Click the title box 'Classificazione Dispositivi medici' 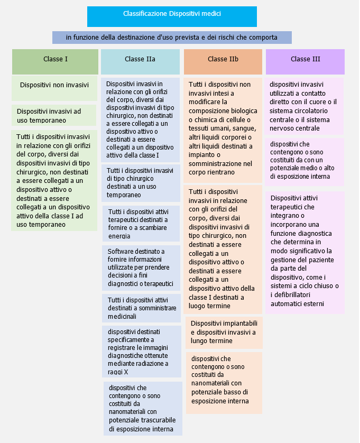[x=172, y=17]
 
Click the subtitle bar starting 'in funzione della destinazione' [x=172, y=38]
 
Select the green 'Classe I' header [x=55, y=62]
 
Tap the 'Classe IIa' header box [x=140, y=62]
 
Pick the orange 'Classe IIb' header [x=223, y=62]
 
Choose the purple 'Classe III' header [x=305, y=62]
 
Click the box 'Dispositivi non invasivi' [x=54, y=88]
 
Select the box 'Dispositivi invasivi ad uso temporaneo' [x=54, y=115]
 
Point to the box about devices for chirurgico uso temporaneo [x=141, y=183]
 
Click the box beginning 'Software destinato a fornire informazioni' [x=141, y=268]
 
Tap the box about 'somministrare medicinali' [x=141, y=308]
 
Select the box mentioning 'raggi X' [x=142, y=352]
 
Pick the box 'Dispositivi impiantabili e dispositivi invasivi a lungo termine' [x=224, y=333]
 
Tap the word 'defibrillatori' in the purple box [x=292, y=295]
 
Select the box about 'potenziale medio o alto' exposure [x=304, y=162]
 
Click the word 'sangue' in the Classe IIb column [x=246, y=129]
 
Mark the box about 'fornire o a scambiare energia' [x=141, y=224]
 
